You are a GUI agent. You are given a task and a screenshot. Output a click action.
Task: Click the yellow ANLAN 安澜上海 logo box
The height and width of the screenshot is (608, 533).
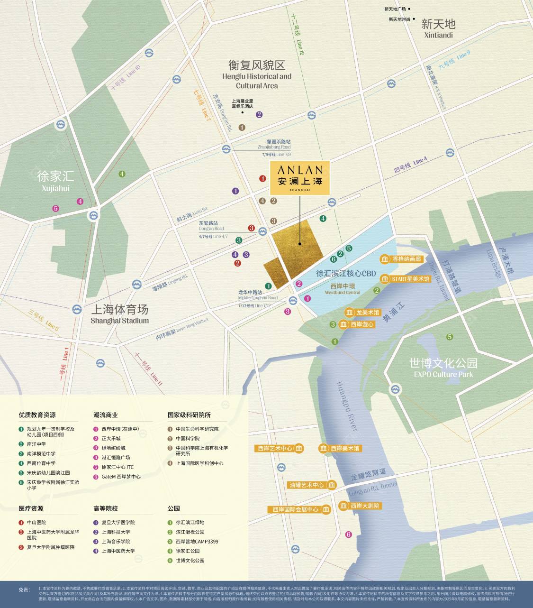[299, 178]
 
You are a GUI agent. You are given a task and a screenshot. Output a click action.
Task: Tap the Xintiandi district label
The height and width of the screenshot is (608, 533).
[438, 28]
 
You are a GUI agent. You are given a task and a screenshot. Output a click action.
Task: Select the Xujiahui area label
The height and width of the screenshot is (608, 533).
[55, 181]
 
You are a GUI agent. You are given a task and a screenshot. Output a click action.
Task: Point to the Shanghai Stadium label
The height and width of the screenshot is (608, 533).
[119, 314]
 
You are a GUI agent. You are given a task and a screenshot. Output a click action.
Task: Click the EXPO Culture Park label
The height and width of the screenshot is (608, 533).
[443, 368]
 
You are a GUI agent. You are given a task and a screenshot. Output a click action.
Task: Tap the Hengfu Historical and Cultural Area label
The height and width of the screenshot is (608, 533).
[257, 74]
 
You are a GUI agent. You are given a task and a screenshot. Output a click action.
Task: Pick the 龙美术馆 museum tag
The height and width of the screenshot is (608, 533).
[362, 313]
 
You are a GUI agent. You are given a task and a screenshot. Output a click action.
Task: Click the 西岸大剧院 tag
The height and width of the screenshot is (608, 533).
[360, 506]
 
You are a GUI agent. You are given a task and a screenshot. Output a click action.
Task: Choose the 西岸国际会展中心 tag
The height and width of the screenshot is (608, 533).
[300, 509]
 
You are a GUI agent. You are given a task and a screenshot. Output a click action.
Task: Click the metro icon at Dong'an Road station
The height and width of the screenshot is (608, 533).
[263, 231]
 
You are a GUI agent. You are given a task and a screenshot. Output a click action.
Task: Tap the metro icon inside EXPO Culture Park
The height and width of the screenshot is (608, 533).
[394, 389]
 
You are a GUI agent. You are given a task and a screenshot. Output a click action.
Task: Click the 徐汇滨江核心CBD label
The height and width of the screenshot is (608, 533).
[345, 274]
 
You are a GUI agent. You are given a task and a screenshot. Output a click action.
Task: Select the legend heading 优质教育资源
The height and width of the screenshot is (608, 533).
[37, 415]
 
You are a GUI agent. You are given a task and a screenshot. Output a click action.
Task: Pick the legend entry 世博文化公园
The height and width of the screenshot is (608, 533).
[190, 560]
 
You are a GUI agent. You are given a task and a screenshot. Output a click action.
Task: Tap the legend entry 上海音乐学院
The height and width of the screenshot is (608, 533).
[116, 541]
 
